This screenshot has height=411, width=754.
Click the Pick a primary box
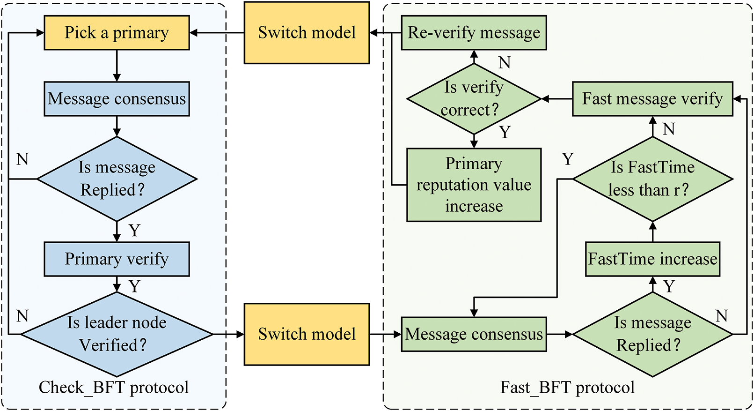pos(117,33)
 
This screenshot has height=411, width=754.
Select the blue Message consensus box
pos(117,99)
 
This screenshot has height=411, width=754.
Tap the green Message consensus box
pos(474,334)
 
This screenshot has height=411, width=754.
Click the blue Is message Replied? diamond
pos(117,179)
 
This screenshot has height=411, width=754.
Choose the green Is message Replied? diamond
pos(652,334)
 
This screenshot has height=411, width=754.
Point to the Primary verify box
pos(117,259)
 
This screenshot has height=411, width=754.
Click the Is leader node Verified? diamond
pos(117,334)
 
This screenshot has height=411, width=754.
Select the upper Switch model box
pos(307,33)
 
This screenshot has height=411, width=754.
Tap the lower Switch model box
pos(307,334)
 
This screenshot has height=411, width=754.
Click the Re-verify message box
pos(474,33)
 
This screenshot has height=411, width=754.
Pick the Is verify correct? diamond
pos(474,99)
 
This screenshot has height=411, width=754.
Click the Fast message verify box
pos(652,99)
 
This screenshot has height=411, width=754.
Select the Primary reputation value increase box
pos(474,185)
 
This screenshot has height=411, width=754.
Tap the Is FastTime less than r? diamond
pos(652,179)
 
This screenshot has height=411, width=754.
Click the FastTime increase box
pos(652,259)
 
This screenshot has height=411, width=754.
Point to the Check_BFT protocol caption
pos(114,388)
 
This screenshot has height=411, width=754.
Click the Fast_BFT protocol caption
pos(567,388)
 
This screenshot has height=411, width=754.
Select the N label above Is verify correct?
pos(504,63)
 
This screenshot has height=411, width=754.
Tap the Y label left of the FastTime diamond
pos(568,159)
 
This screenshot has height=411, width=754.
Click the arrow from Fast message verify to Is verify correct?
pos(557,99)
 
